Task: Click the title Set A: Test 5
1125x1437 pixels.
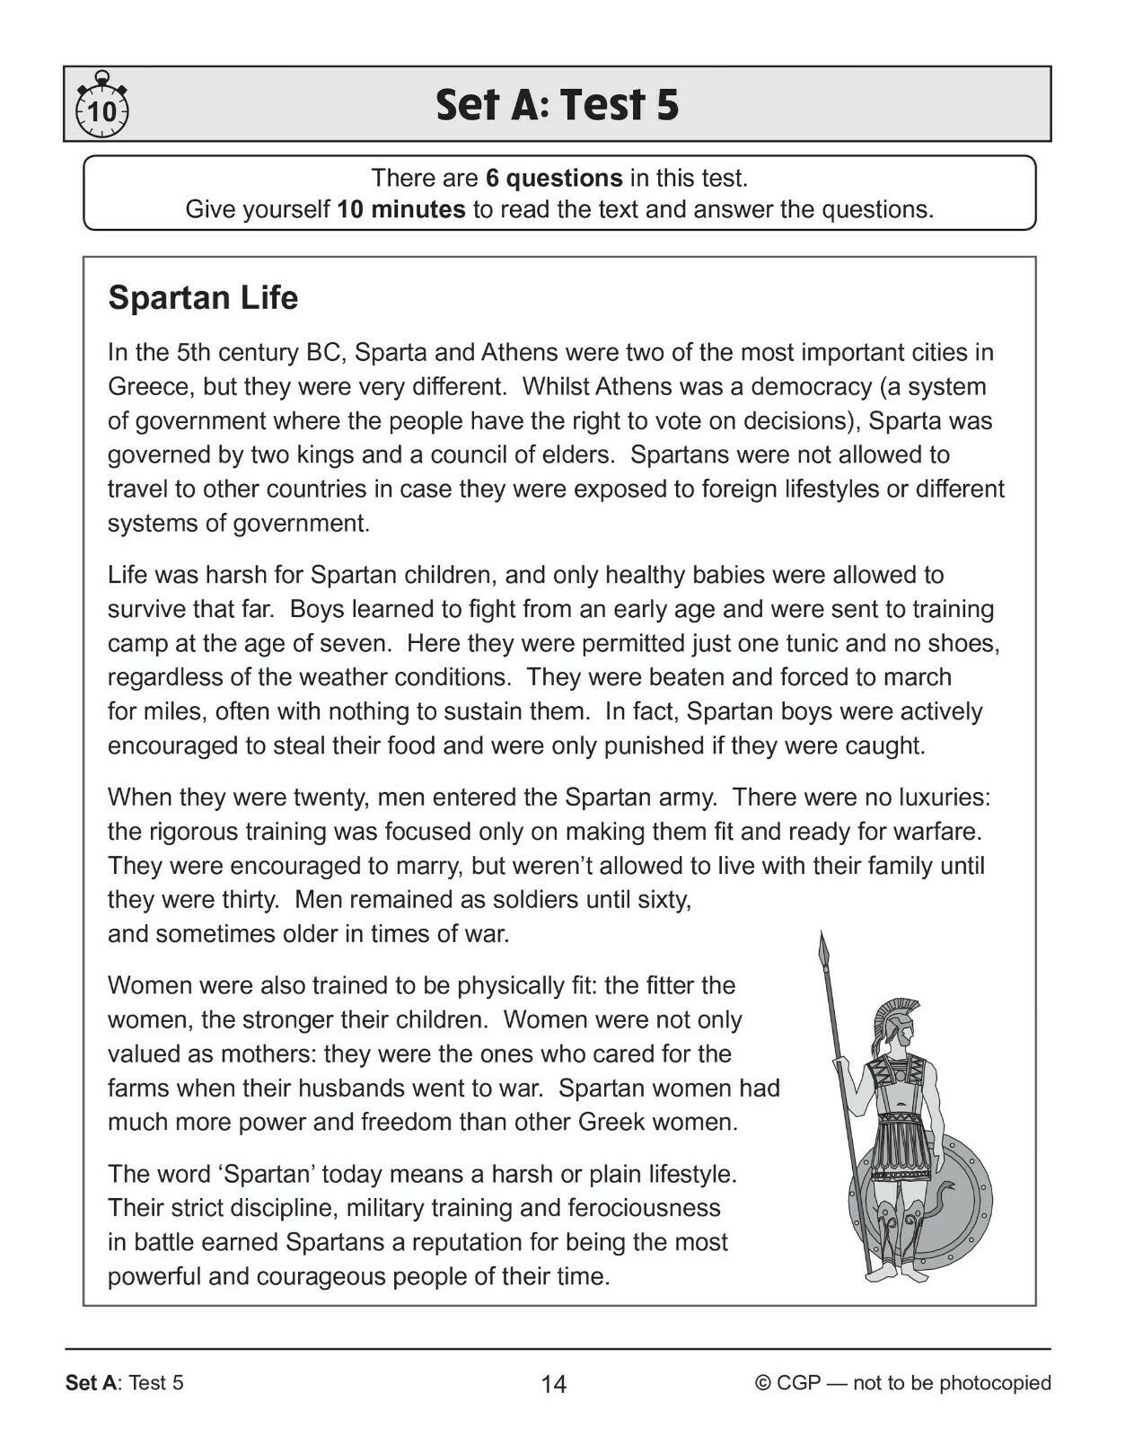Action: [557, 105]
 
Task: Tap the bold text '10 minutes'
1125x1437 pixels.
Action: [400, 210]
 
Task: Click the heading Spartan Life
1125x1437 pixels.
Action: [203, 298]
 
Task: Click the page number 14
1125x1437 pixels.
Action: [554, 1384]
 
